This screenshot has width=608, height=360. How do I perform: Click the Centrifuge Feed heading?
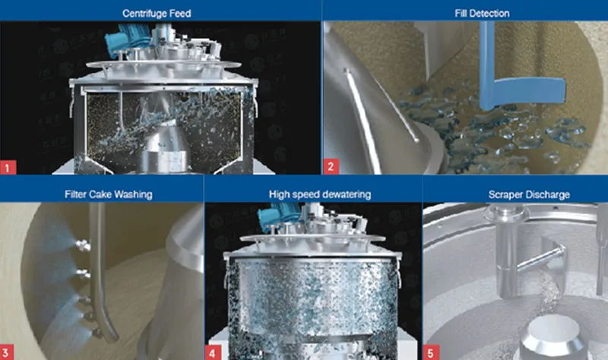(157, 14)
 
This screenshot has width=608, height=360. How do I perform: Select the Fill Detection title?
(482, 14)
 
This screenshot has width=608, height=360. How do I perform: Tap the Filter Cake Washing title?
(109, 194)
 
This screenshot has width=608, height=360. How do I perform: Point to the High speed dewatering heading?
(320, 194)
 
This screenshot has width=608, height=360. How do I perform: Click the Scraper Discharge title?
(529, 194)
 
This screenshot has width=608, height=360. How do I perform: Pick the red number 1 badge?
(8, 167)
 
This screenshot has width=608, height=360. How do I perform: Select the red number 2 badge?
(331, 166)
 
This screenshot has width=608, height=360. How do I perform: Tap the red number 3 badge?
(6, 352)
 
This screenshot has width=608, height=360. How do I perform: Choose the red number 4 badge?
(213, 352)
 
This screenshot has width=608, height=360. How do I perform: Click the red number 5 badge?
(430, 352)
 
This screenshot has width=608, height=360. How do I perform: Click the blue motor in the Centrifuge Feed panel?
(123, 39)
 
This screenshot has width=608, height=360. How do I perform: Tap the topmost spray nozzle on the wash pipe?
(83, 245)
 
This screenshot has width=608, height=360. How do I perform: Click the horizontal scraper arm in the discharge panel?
(541, 257)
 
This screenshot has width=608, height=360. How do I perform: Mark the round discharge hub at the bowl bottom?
(553, 336)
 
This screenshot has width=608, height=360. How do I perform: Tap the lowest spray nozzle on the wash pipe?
(97, 332)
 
